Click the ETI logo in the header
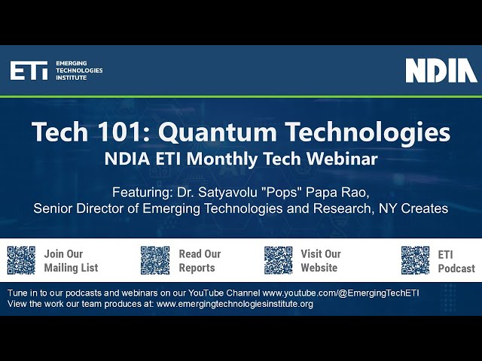(29, 71)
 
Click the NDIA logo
(441, 70)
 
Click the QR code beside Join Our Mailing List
(21, 260)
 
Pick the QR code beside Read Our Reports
(155, 260)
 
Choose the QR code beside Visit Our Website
(279, 260)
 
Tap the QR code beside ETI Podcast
(415, 260)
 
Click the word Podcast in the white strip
(456, 268)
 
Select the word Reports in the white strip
(197, 268)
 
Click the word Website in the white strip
(319, 268)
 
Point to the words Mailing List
(71, 268)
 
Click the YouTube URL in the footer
(346, 292)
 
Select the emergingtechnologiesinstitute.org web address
(234, 304)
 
